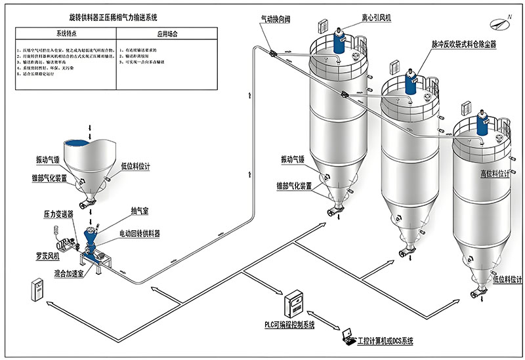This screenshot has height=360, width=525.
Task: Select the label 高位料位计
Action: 494,174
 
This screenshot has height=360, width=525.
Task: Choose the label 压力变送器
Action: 58,214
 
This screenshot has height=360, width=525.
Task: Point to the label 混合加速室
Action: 68,273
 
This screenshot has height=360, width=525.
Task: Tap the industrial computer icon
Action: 347,336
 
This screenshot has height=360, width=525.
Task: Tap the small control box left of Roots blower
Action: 38,290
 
